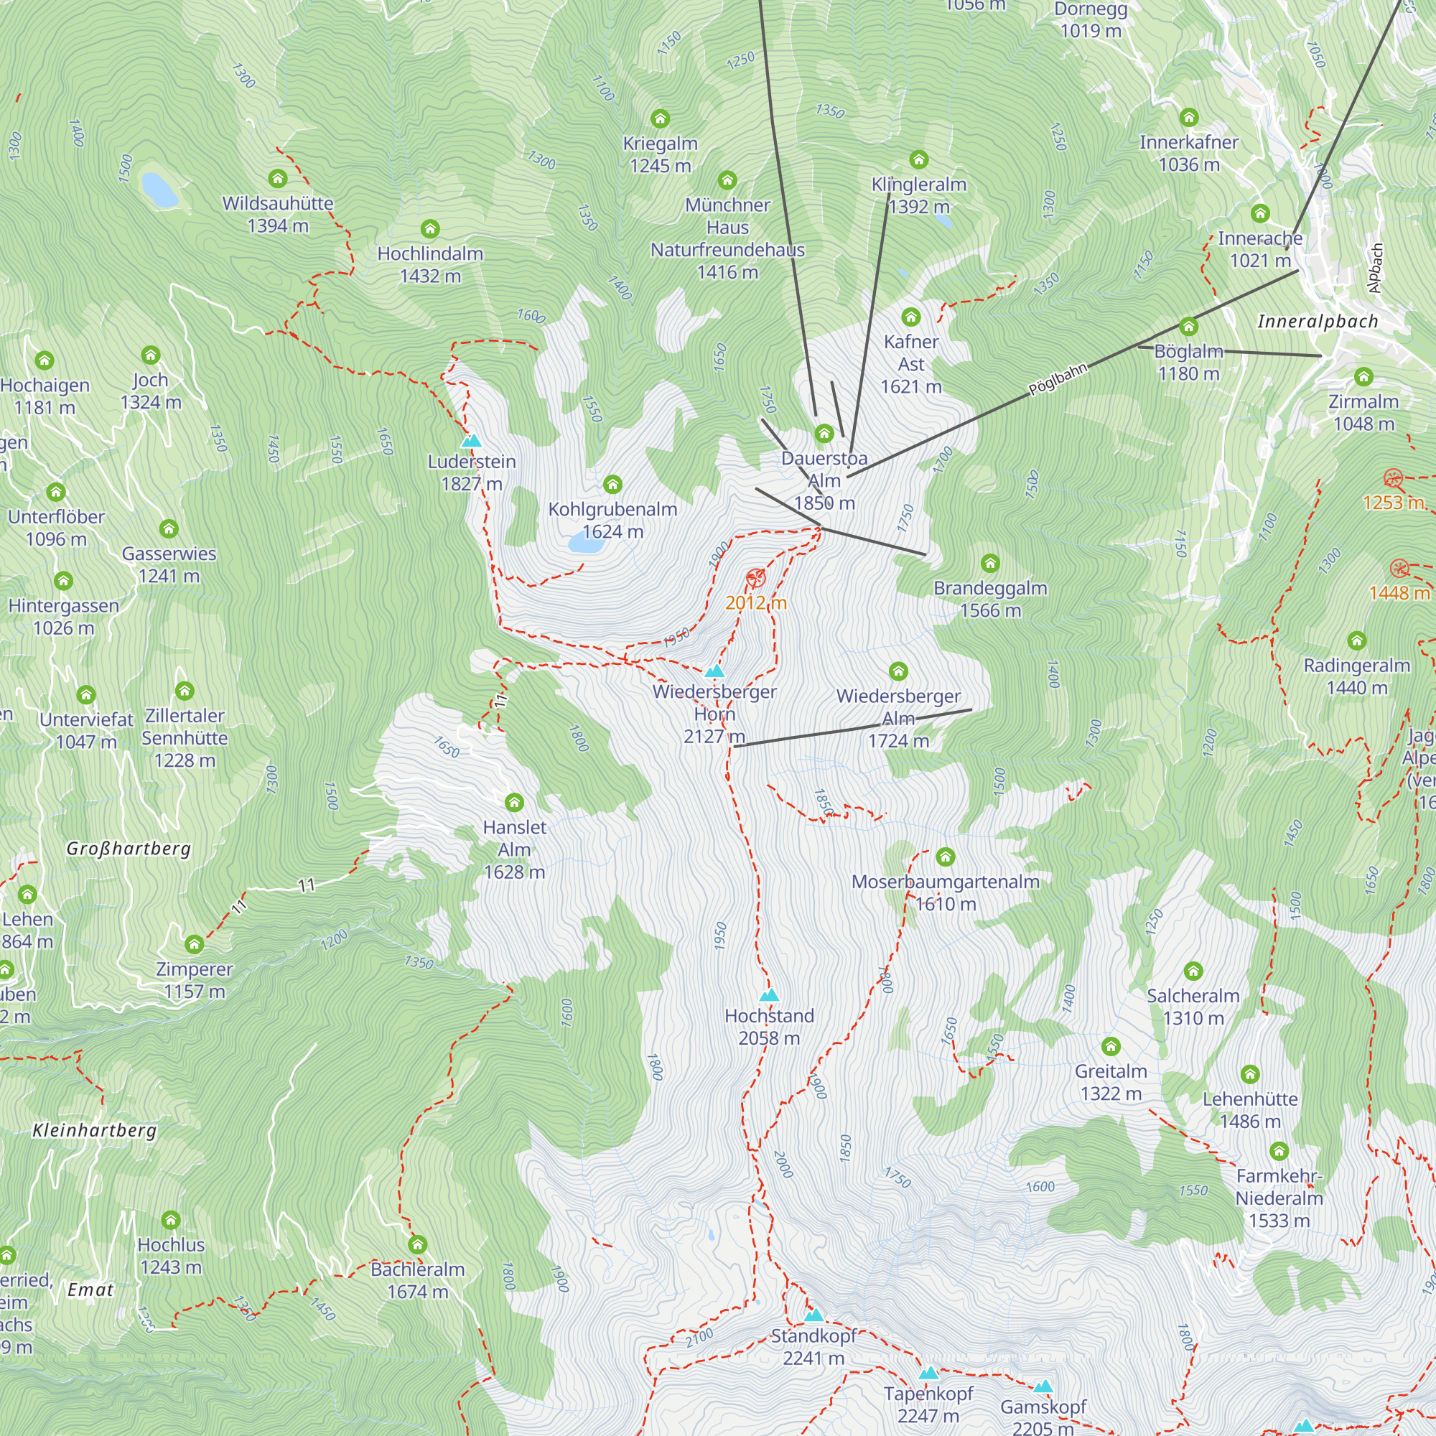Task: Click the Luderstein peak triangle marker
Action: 471,442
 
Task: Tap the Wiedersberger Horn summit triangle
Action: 714,671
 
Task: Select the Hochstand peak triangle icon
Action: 769,995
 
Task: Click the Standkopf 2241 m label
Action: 814,1347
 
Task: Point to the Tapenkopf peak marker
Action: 928,1374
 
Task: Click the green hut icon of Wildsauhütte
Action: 278,178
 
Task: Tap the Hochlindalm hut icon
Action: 430,228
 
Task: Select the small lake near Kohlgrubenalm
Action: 586,544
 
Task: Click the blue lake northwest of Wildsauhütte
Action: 160,190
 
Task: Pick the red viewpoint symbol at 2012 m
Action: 755,577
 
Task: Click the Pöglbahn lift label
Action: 1057,379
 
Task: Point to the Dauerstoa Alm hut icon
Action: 824,434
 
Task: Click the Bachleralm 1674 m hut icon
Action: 418,1244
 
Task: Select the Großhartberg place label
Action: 129,848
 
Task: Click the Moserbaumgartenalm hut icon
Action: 946,857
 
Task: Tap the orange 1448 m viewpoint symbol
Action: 1399,569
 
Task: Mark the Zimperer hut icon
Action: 194,944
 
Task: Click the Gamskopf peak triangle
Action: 1043,1386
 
